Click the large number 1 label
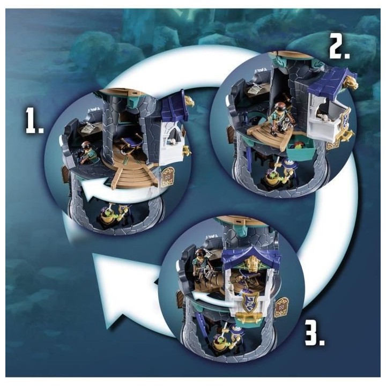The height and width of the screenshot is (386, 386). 34,121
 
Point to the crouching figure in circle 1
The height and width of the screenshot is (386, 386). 87,153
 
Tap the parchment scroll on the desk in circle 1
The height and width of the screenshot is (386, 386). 88,128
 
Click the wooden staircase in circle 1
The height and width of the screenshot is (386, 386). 133,175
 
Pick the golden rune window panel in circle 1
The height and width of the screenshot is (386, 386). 167,177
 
